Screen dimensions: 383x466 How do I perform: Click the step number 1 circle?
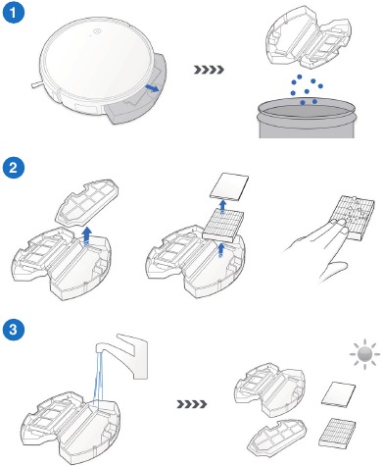(x=14, y=13)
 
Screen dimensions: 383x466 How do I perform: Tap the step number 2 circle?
(x=14, y=168)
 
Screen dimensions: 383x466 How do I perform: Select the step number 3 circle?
(x=14, y=329)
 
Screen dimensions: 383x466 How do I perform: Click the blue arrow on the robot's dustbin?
(x=152, y=88)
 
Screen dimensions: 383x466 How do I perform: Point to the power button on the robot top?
(x=97, y=31)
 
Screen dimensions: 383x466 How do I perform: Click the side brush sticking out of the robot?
(x=37, y=84)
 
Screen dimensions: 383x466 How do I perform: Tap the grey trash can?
(x=306, y=119)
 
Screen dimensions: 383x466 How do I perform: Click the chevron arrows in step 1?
(x=209, y=70)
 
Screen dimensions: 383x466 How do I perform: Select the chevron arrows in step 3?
(x=192, y=404)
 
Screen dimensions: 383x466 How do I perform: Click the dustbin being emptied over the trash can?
(x=309, y=36)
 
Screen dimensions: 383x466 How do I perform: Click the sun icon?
(x=364, y=354)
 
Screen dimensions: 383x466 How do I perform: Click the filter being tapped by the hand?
(x=354, y=217)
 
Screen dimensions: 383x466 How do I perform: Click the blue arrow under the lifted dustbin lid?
(x=87, y=237)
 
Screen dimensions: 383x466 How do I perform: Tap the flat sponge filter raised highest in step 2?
(x=229, y=187)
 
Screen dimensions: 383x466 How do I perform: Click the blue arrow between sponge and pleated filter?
(x=223, y=207)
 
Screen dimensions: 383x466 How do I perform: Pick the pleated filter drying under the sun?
(x=337, y=433)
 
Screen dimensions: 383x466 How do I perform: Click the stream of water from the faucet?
(x=99, y=376)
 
